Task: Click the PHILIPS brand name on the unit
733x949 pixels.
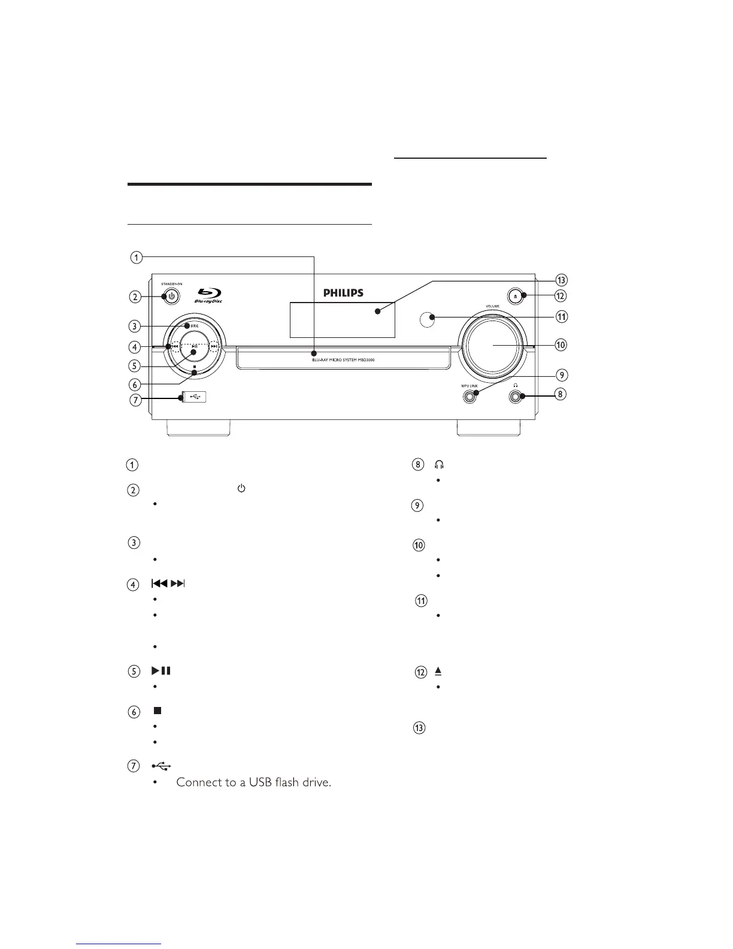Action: pos(343,293)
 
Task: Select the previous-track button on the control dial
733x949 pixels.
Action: pos(174,346)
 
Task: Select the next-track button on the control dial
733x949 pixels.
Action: pos(214,346)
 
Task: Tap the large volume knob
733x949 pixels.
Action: pos(494,346)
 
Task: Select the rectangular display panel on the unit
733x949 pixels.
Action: pos(342,319)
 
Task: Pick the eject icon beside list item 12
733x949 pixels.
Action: pos(438,672)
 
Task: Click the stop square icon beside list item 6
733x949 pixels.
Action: pos(157,711)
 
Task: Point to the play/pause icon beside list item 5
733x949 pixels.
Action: pos(160,671)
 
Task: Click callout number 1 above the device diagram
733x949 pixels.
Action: pos(137,258)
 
